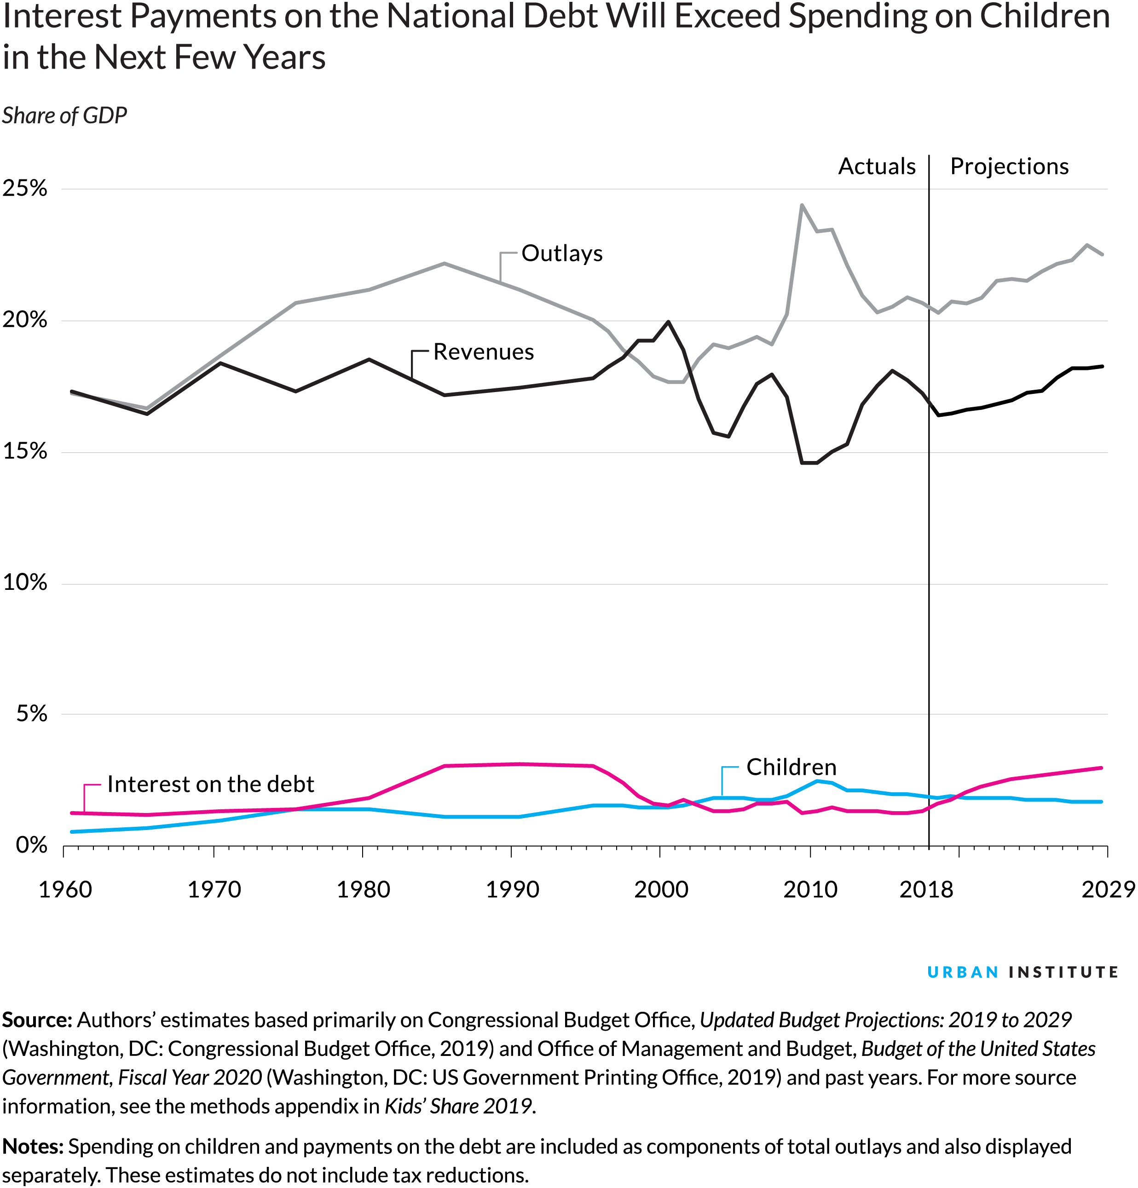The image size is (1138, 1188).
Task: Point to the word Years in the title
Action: [285, 58]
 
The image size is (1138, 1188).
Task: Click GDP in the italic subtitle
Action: [104, 115]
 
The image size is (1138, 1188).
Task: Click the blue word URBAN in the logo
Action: [962, 972]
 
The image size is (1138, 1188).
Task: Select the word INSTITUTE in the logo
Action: [1063, 972]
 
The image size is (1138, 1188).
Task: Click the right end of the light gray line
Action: [1102, 254]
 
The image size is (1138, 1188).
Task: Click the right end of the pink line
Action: [1101, 768]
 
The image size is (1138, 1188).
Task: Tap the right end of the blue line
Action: [1101, 802]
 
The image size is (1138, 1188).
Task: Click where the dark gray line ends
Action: [930, 404]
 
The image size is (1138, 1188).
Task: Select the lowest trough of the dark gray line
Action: [809, 463]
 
